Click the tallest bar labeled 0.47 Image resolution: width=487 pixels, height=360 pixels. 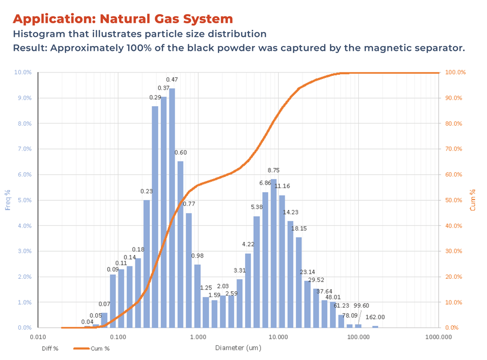tap(172, 208)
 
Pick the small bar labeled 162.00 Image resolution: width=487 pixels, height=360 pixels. tap(375, 326)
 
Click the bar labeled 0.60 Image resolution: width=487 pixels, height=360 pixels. tap(180, 244)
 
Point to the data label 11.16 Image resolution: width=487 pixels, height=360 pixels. tap(282, 186)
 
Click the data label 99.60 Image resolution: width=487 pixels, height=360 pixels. tap(361, 306)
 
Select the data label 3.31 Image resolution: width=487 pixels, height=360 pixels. tap(240, 270)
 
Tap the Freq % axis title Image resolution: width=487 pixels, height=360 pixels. tap(8, 200)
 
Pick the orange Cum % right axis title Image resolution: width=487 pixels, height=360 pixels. tap(472, 200)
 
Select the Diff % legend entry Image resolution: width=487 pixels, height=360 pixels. tap(50, 349)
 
